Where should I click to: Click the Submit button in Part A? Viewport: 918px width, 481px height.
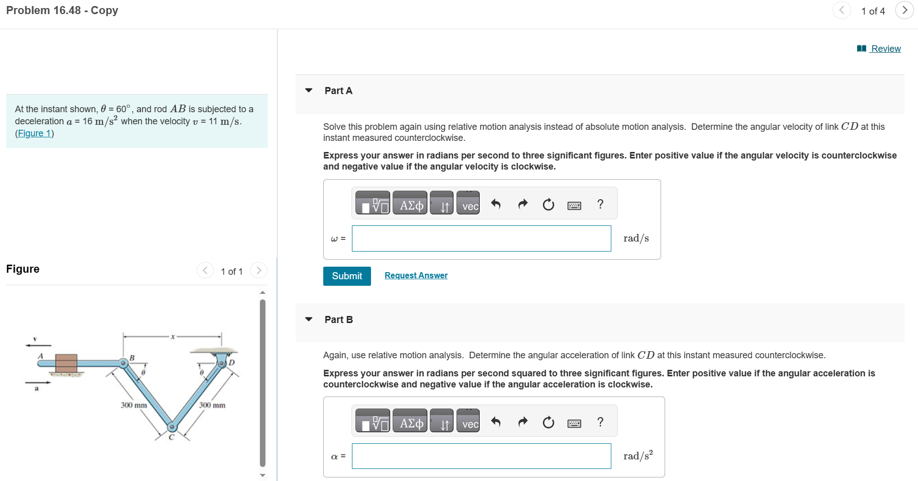[347, 276]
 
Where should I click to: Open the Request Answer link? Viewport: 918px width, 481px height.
[416, 275]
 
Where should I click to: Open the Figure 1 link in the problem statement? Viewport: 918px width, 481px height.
[34, 133]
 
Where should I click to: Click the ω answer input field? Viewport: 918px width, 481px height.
[481, 238]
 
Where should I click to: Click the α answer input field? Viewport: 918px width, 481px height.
[481, 456]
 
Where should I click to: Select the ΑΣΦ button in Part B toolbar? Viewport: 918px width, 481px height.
[410, 421]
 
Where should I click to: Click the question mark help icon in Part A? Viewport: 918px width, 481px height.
[600, 204]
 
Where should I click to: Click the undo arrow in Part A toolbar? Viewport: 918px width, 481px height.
[496, 204]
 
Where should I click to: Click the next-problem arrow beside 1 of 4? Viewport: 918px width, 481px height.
[904, 11]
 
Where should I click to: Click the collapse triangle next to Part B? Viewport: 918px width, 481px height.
[309, 319]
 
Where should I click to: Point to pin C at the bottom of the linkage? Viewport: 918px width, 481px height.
[172, 427]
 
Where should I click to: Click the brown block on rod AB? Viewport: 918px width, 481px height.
[66, 363]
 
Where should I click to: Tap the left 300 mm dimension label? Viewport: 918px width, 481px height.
[134, 405]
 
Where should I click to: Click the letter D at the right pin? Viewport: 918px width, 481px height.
[232, 362]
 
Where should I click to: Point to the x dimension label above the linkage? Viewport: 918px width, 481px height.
[172, 337]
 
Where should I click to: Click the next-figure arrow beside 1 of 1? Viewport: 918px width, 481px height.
[258, 271]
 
